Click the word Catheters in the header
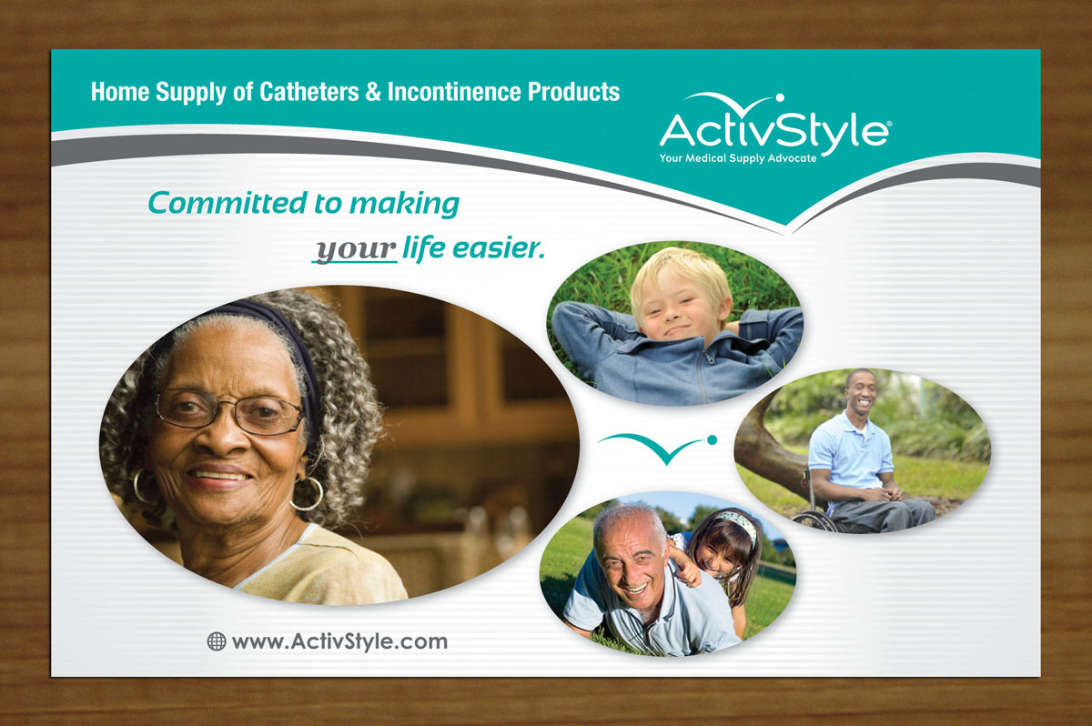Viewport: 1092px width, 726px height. click(309, 92)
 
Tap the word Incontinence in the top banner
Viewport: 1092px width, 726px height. click(454, 92)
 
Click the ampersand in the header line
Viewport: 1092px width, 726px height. click(373, 92)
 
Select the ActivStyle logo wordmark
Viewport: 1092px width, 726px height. click(775, 130)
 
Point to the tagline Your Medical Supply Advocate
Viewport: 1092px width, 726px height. click(738, 158)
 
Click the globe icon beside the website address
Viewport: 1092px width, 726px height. click(217, 641)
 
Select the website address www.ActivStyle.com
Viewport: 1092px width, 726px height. click(339, 641)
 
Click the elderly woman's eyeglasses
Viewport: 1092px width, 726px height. click(229, 410)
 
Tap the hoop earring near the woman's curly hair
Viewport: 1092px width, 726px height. click(308, 493)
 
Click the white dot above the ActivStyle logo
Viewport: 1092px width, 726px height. click(780, 97)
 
